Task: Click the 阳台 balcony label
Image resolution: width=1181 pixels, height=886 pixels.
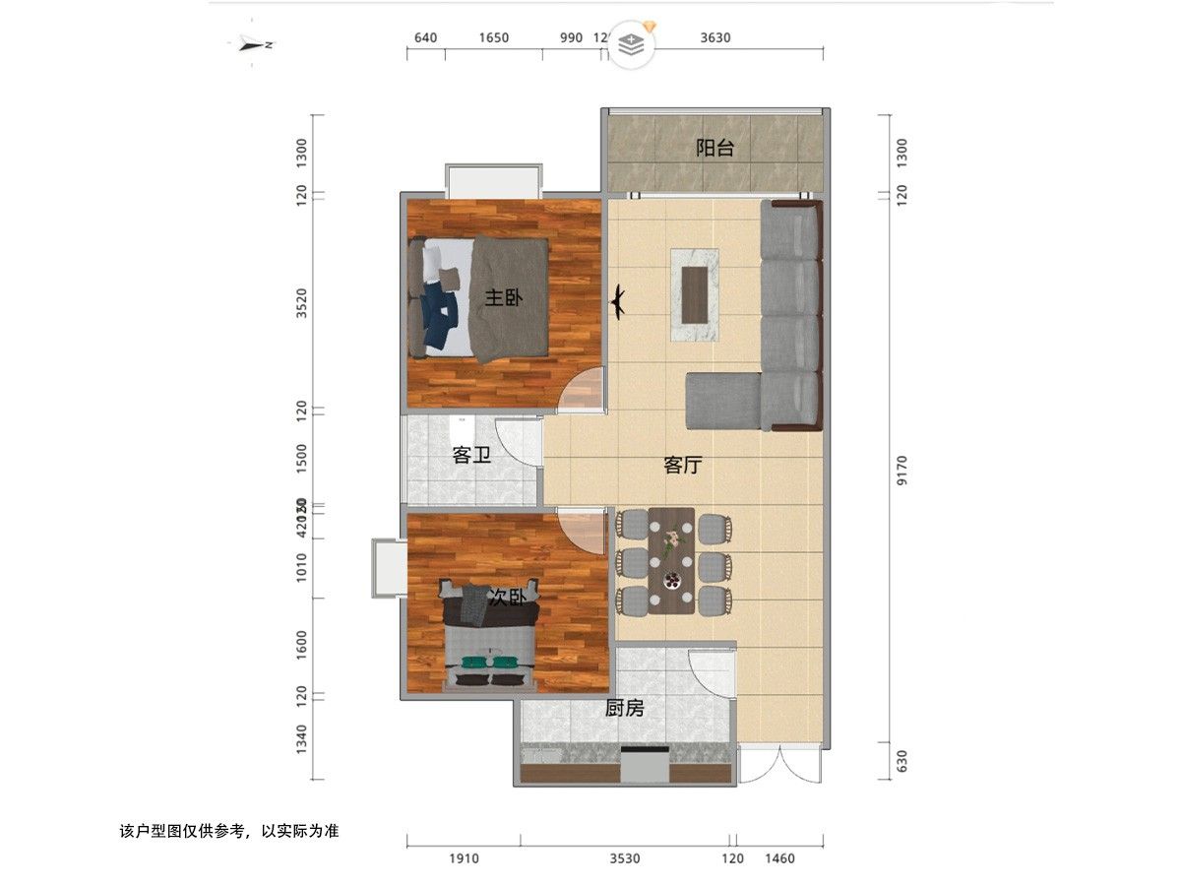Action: pos(715,149)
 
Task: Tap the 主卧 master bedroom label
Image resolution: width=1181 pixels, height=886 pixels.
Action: pos(502,297)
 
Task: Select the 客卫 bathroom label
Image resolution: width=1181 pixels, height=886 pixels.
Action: pos(471,456)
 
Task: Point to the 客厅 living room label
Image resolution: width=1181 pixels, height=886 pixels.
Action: pos(682,466)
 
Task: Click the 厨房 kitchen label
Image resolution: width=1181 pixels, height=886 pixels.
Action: pos(625,708)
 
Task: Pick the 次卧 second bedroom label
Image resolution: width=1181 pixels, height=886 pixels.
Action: pos(507,598)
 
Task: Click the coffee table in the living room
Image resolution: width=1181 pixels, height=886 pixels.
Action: pos(695,294)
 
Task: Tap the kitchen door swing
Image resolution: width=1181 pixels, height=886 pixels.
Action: pos(711,674)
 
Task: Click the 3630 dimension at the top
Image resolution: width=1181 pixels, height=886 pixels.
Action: pos(715,38)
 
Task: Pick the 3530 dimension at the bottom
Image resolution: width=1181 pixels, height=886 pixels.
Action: pos(624,859)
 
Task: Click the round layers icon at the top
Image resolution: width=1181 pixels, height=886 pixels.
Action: pos(630,44)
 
